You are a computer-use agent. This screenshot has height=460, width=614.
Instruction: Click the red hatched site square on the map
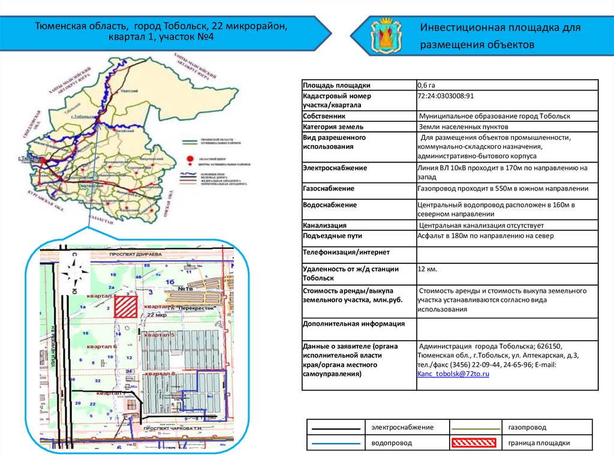click(x=126, y=306)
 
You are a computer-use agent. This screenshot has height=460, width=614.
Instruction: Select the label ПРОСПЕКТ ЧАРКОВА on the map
click(x=174, y=430)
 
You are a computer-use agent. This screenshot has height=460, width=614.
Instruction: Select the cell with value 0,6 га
click(x=428, y=85)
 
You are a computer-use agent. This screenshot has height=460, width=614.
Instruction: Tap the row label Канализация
click(x=324, y=226)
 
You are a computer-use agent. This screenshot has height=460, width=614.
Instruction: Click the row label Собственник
click(x=324, y=116)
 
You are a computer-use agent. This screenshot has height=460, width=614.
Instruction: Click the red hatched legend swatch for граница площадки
click(x=474, y=443)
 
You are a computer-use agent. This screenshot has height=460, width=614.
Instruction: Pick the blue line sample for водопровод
click(x=335, y=443)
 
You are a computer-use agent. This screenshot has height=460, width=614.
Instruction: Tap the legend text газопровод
click(x=527, y=427)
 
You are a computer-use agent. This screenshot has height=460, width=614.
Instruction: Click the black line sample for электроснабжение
click(x=335, y=427)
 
